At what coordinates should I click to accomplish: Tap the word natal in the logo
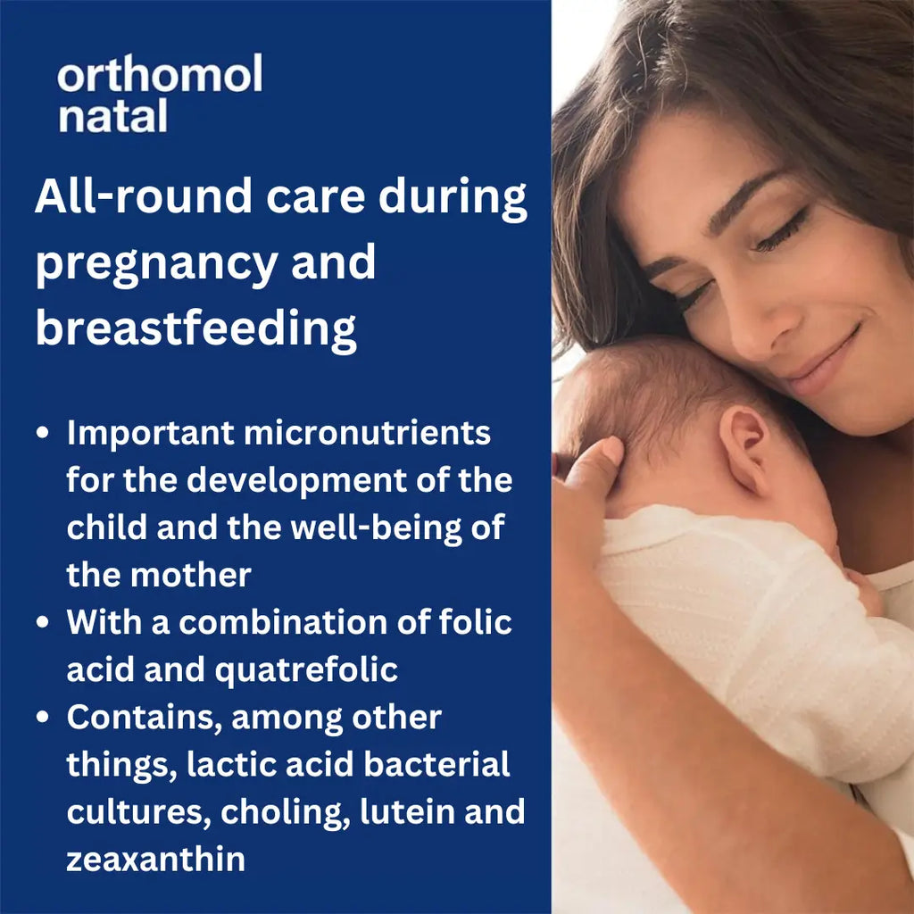tap(113, 116)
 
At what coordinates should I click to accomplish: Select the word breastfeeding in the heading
tap(195, 328)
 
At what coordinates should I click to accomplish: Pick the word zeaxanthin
tap(155, 859)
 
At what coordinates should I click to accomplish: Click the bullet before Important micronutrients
tap(42, 434)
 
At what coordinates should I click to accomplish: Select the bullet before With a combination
tap(42, 623)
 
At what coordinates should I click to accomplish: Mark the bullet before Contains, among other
tap(42, 718)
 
